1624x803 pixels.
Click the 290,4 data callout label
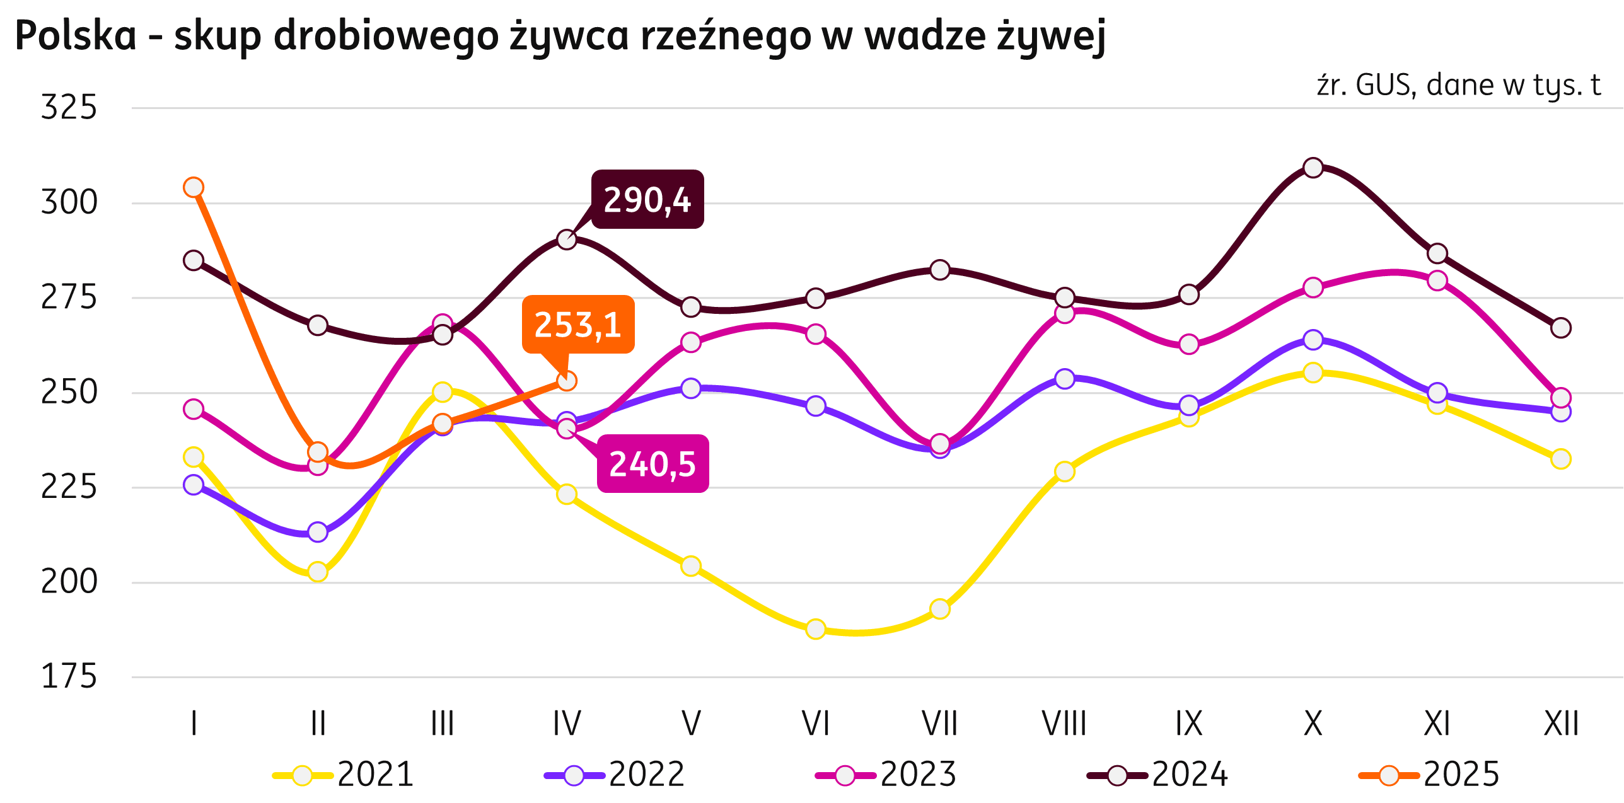647,199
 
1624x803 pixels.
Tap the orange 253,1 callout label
577,325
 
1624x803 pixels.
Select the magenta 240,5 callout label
652,464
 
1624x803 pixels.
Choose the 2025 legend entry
1430,775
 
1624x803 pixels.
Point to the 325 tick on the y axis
69,107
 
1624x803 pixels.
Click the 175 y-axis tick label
69,677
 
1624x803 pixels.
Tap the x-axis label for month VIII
1064,724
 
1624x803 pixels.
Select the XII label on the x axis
1561,724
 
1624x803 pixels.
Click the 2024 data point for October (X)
1313,168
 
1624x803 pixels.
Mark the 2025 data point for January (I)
194,187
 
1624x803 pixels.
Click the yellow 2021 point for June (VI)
815,629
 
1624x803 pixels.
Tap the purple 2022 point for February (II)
318,533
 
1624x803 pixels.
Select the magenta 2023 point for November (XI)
1437,280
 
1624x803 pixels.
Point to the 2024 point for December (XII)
1561,328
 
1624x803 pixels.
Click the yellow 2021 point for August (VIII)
1064,471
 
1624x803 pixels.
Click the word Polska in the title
76,36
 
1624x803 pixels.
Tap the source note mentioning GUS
1458,85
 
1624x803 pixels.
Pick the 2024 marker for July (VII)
939,270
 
